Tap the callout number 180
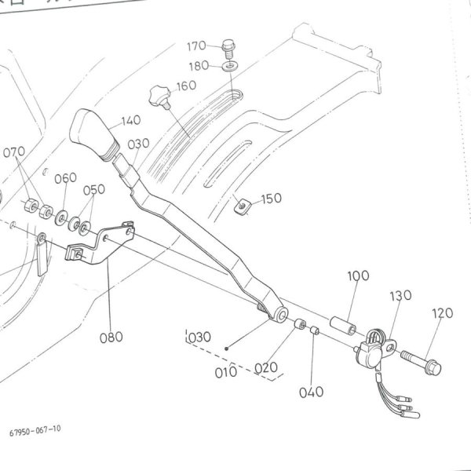[x=199, y=66]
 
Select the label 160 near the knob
[x=186, y=86]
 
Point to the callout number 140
[x=131, y=122]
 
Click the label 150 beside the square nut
[x=271, y=199]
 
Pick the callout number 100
[x=358, y=277]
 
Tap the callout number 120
[x=443, y=313]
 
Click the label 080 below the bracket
[x=112, y=338]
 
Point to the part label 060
[x=66, y=177]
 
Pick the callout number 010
[x=226, y=371]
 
